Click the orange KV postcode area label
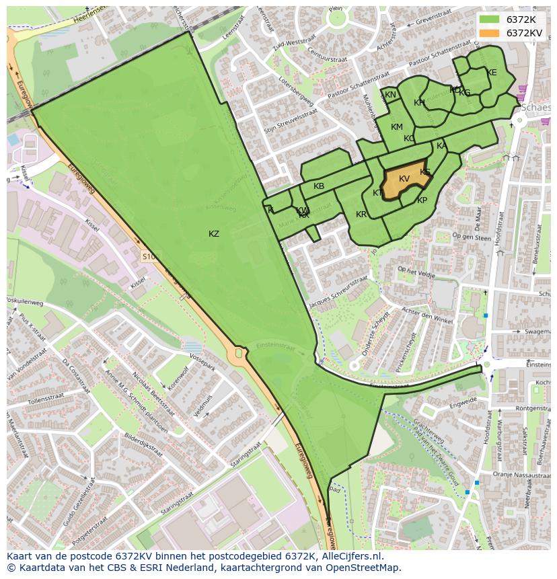coord(404,179)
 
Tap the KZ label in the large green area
coord(214,234)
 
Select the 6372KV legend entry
coord(523,32)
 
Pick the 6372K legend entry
coord(521,20)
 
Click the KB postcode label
coord(319,186)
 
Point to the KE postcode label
coord(492,73)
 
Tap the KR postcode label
coord(361,215)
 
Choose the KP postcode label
coord(422,200)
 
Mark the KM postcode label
coord(397,127)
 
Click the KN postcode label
coord(390,95)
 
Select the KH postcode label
coord(419,103)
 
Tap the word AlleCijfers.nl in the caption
coord(350,556)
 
